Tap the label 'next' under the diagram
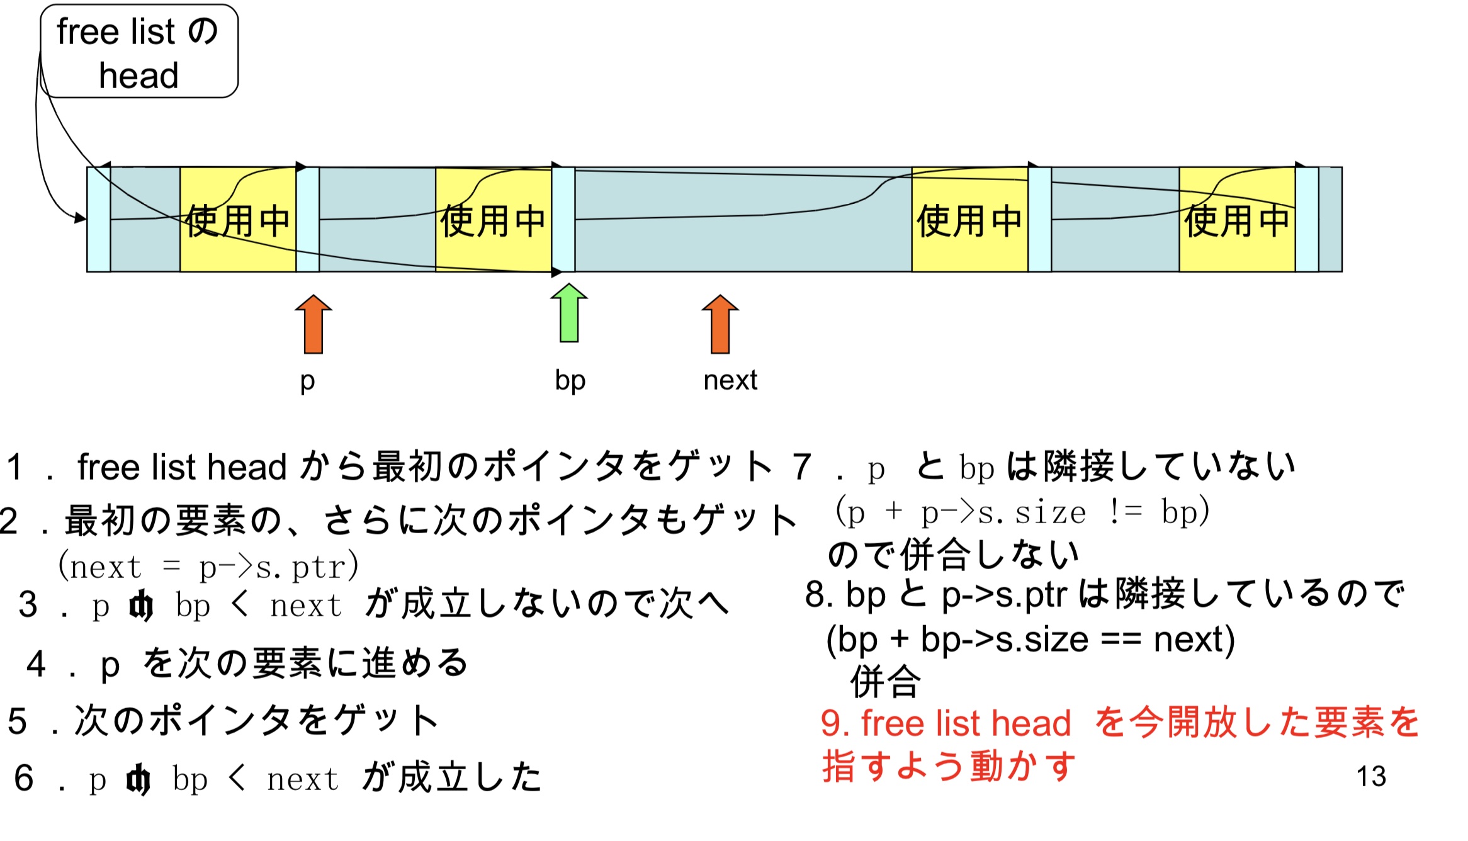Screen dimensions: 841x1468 pyautogui.click(x=730, y=380)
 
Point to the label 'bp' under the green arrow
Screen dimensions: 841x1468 pyautogui.click(x=570, y=380)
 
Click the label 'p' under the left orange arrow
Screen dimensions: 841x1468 pyautogui.click(x=307, y=381)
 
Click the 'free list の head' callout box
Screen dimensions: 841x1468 pyautogui.click(x=139, y=52)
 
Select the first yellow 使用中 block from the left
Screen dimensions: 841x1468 pyautogui.click(x=238, y=220)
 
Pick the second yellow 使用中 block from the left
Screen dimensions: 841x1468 pyautogui.click(x=494, y=220)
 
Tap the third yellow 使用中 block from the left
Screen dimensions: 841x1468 pyautogui.click(x=969, y=220)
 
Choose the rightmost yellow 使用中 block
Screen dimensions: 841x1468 pyautogui.click(x=1237, y=220)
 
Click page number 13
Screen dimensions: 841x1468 pyautogui.click(x=1371, y=776)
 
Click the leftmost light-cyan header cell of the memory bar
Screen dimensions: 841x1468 pyautogui.click(x=99, y=220)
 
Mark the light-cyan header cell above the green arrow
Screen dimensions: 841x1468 pyautogui.click(x=563, y=220)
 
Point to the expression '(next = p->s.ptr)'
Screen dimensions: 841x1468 pyautogui.click(x=208, y=567)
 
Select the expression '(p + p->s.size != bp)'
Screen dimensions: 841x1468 pyautogui.click(x=1022, y=511)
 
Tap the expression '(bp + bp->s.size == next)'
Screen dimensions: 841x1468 pyautogui.click(x=1030, y=640)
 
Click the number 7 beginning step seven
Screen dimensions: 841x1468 pyautogui.click(x=801, y=467)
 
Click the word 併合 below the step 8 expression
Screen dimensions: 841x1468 pyautogui.click(x=886, y=681)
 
